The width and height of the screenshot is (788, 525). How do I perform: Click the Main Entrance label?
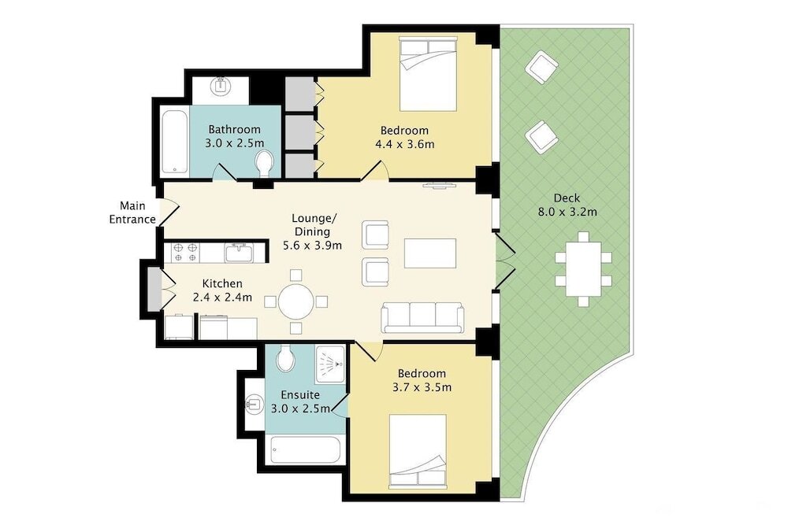(x=132, y=213)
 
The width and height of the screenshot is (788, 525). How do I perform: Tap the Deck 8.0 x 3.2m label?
(x=567, y=205)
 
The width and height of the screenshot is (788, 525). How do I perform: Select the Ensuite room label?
(x=300, y=394)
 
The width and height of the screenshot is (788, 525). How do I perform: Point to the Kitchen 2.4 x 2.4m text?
(x=222, y=290)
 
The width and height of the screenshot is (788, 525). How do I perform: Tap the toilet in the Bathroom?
(x=264, y=163)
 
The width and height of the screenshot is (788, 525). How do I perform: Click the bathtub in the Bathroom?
(x=175, y=142)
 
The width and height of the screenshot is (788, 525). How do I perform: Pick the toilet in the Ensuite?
(x=285, y=359)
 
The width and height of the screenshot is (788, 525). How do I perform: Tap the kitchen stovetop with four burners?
(x=185, y=253)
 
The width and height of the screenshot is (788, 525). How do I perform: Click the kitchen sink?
(x=240, y=253)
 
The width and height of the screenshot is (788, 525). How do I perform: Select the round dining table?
(x=296, y=301)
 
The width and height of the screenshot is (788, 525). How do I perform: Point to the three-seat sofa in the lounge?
(x=422, y=317)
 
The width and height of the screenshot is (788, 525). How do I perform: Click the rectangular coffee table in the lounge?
(x=430, y=253)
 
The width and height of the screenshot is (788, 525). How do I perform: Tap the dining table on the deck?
(x=583, y=269)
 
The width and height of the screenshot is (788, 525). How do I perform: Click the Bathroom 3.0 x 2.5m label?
(x=234, y=136)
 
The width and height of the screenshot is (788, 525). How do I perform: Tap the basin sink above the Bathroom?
(x=221, y=86)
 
